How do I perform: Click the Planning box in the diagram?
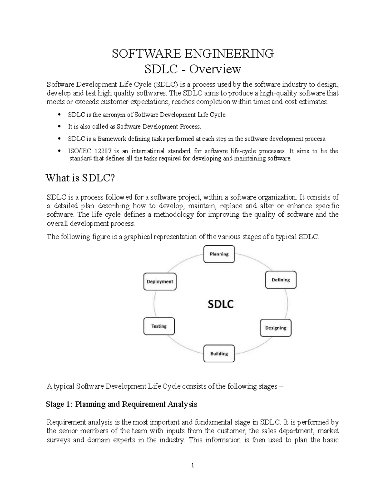point(219,254)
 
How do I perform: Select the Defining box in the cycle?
point(280,280)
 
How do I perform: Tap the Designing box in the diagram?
point(275,328)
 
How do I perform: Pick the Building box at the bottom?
point(219,354)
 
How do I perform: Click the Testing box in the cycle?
point(159,326)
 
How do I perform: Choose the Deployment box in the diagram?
point(160,281)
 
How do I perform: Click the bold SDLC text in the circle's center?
point(221,304)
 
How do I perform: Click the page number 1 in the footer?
point(193,466)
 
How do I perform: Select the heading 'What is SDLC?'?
point(80,178)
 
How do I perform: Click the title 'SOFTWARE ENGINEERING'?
point(193,53)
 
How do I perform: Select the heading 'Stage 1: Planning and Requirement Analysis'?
point(122,404)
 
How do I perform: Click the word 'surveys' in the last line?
point(58,440)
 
